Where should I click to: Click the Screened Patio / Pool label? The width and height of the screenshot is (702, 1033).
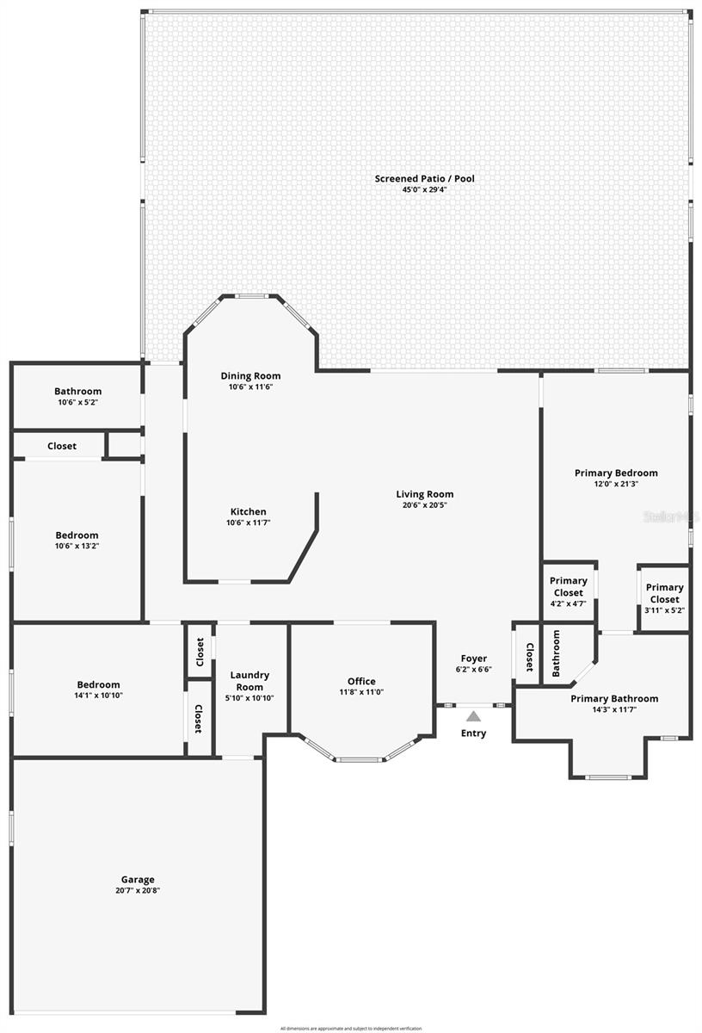tap(424, 178)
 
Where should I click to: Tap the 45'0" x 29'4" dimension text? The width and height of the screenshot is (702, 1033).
tap(424, 189)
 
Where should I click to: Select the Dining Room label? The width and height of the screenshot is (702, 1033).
tap(250, 375)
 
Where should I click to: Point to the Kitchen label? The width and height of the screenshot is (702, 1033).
tap(248, 511)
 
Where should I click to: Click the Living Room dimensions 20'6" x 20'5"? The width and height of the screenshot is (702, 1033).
tap(424, 505)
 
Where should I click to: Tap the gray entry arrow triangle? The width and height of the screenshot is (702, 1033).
tap(473, 716)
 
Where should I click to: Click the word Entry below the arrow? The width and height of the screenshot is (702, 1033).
tap(473, 733)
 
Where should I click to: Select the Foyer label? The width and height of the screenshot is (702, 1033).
tap(473, 659)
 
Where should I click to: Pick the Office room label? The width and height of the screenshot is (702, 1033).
tap(360, 681)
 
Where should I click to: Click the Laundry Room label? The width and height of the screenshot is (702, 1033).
tap(249, 681)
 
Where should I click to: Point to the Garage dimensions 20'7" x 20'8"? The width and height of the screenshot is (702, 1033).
tap(138, 891)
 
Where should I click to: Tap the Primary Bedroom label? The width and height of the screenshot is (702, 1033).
tap(616, 473)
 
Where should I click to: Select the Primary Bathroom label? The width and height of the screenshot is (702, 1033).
tap(614, 698)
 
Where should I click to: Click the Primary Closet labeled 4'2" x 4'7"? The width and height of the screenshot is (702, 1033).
tap(568, 586)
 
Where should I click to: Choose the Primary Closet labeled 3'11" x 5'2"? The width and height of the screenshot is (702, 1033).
tap(664, 593)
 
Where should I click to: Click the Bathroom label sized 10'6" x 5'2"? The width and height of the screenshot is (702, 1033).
tap(77, 391)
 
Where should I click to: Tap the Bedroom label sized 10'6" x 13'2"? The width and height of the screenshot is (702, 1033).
tap(77, 535)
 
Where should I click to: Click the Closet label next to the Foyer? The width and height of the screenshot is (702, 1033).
tap(529, 658)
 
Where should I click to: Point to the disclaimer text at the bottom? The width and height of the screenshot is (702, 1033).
tap(351, 1028)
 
